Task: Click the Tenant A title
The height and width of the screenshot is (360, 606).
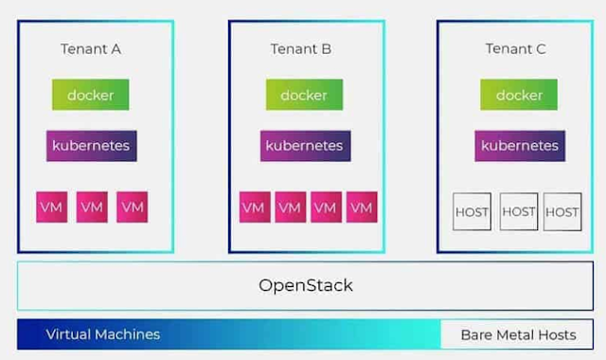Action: point(90,49)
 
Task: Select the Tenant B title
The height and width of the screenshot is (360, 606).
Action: point(302,49)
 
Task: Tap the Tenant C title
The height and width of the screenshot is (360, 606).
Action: point(517,49)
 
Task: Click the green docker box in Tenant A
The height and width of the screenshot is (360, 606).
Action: point(90,95)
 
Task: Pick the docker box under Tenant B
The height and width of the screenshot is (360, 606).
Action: point(303,95)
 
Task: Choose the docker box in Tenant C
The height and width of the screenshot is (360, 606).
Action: point(518,95)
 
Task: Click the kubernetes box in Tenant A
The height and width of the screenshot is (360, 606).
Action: point(91,146)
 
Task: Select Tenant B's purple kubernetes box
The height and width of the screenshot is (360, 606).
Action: point(303,146)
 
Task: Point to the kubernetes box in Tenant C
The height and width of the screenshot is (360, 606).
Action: point(518,146)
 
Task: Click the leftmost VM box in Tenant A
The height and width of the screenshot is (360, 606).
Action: point(52,207)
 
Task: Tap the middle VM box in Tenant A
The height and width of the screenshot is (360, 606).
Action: point(92,207)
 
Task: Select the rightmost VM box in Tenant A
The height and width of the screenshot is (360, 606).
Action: point(132,207)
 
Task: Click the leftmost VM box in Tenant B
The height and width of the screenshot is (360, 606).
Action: point(254,207)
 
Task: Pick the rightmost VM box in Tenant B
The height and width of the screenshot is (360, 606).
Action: point(361,207)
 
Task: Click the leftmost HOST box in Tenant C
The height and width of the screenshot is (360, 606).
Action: point(472,211)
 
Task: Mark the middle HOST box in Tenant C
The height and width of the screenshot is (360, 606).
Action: point(518,211)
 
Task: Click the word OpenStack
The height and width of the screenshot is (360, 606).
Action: point(306,284)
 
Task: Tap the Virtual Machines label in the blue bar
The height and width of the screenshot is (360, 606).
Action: point(102,334)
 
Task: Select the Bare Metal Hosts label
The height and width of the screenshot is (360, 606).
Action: point(518,334)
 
